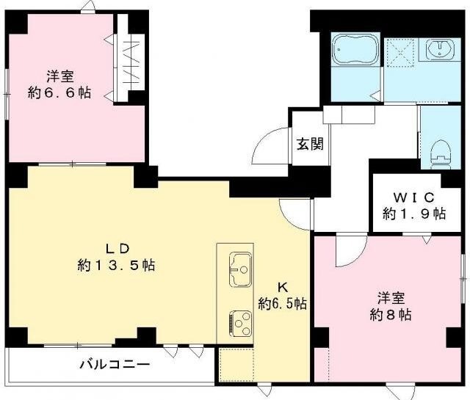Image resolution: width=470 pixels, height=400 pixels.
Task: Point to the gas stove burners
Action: (240, 321)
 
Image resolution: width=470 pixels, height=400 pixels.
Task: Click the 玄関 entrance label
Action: (308, 144)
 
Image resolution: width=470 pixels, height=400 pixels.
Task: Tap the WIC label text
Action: (414, 197)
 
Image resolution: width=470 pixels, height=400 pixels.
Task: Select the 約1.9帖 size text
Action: (414, 214)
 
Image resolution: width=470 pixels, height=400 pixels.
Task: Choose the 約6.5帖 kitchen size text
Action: (283, 302)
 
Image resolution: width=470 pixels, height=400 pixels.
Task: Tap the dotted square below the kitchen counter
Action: (236, 365)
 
